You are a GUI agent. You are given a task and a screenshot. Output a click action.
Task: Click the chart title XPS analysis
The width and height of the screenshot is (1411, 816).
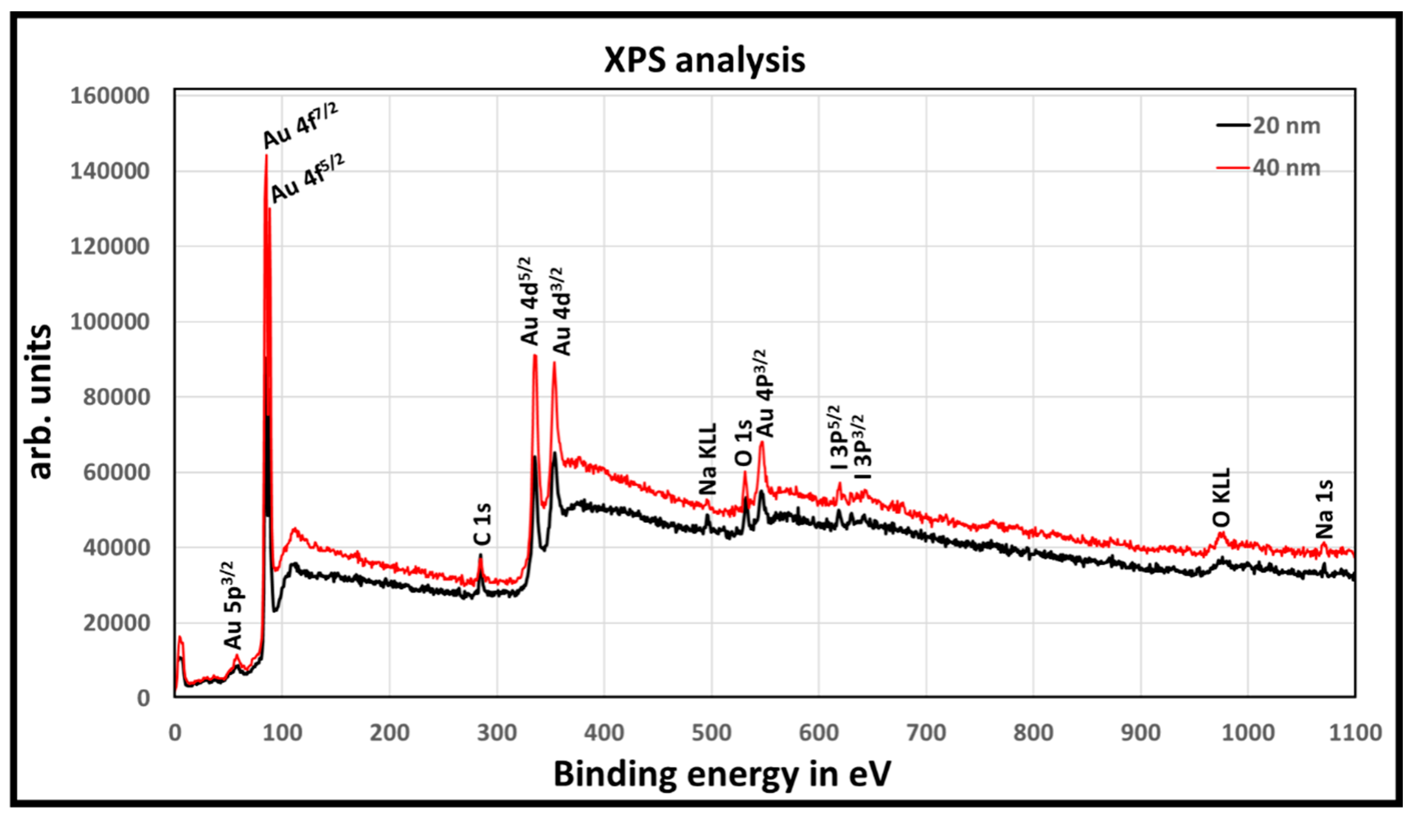(704, 60)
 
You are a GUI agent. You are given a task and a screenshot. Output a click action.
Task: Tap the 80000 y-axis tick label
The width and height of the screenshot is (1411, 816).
(116, 397)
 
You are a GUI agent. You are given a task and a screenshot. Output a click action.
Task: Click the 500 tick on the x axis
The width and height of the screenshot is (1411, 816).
(711, 733)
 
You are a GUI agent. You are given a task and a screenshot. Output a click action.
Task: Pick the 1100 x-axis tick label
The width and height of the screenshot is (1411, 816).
(1355, 733)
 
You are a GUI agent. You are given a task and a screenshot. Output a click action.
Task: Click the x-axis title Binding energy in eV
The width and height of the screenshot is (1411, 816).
(721, 775)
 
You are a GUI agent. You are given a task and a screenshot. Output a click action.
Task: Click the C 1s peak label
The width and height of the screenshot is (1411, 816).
(483, 524)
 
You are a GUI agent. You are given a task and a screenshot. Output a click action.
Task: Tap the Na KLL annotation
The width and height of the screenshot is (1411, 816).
(708, 459)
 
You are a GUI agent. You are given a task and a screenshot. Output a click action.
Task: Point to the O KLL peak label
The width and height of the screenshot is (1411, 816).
(1222, 497)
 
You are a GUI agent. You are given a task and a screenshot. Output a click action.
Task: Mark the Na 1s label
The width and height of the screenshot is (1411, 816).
(1325, 509)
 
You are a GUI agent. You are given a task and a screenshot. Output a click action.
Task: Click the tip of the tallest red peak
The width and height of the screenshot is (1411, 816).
(266, 156)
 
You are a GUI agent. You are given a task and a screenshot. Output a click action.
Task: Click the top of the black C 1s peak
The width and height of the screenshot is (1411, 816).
(481, 555)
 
